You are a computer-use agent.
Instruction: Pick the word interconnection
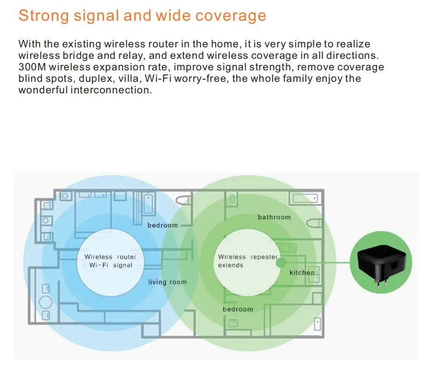(x=111, y=90)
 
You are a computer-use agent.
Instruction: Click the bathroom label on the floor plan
(x=274, y=217)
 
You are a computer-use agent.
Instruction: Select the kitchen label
(x=302, y=273)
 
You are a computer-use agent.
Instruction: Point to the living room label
(x=167, y=282)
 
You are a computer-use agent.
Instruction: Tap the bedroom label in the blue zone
(x=162, y=225)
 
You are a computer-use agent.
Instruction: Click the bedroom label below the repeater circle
(x=238, y=309)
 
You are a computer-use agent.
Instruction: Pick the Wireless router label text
(x=110, y=257)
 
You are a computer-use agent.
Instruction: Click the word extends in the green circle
(x=230, y=265)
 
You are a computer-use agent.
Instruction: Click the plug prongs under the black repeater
(x=381, y=285)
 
